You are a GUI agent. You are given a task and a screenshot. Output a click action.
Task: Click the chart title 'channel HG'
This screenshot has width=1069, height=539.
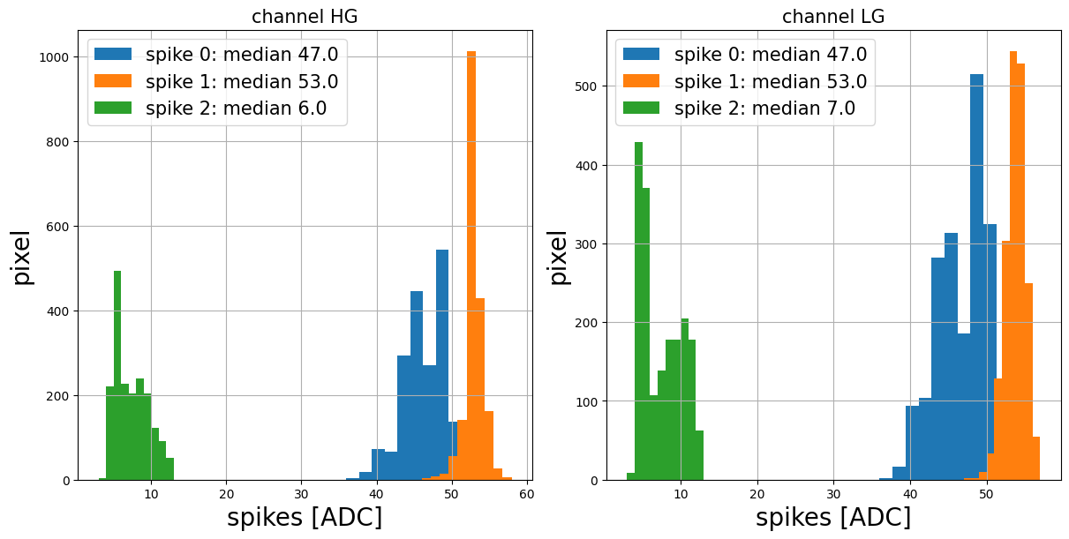pos(305,17)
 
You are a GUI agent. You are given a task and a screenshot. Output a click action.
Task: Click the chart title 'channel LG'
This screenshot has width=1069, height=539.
pos(833,17)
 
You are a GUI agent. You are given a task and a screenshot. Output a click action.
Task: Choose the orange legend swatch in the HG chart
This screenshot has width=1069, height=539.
pos(113,81)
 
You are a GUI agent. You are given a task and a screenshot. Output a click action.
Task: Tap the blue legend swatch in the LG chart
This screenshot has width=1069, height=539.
pos(641,55)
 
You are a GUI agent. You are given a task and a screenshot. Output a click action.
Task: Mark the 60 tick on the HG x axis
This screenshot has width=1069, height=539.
pos(527,492)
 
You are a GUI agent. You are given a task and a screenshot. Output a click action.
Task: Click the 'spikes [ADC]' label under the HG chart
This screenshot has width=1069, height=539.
pos(305,518)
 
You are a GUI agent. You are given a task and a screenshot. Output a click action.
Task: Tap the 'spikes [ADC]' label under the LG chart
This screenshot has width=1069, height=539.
pos(833,518)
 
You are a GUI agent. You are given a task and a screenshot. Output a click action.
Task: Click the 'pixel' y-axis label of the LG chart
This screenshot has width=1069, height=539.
pos(558,257)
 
